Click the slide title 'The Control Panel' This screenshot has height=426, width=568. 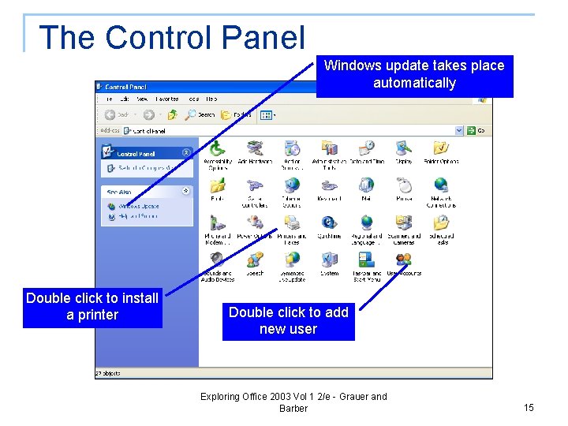(171, 37)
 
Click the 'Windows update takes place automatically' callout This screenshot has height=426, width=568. (414, 74)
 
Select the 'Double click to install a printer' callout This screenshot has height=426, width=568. (92, 306)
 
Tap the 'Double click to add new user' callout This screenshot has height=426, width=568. (288, 320)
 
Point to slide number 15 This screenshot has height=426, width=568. (529, 407)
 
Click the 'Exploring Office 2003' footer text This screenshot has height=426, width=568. (293, 402)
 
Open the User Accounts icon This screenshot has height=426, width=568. (404, 260)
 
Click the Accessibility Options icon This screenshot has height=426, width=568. (217, 148)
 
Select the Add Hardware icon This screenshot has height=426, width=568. (255, 148)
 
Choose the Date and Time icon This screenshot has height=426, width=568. (366, 148)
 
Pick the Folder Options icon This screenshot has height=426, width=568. (441, 148)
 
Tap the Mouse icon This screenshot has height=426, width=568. (404, 185)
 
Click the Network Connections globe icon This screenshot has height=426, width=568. (441, 185)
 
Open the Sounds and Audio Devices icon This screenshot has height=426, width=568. (217, 260)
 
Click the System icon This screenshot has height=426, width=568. (329, 260)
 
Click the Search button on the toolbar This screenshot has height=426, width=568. (200, 114)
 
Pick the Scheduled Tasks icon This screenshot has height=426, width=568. (441, 223)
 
